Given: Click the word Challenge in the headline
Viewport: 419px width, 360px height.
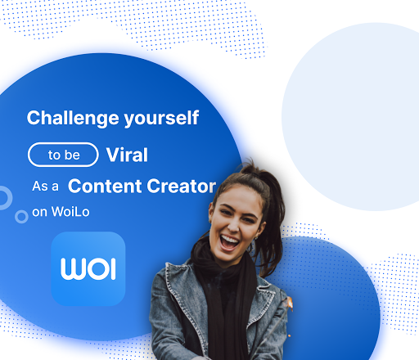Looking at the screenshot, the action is click(73, 119).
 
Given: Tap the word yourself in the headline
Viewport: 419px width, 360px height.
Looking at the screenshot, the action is click(161, 119).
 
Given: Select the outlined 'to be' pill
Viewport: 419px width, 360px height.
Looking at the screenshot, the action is click(63, 155).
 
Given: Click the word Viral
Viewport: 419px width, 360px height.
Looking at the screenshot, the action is click(127, 155).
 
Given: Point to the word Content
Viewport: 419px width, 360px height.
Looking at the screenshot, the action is click(105, 186).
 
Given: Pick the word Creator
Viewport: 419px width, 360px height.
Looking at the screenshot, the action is click(182, 186).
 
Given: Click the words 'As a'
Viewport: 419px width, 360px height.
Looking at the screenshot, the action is click(45, 187).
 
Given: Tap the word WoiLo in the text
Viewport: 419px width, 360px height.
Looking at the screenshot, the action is click(70, 212).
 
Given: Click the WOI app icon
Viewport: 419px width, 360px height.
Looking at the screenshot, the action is click(88, 268).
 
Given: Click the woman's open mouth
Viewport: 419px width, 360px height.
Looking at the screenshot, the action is click(229, 243).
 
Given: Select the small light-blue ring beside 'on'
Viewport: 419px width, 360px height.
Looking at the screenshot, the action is click(21, 217).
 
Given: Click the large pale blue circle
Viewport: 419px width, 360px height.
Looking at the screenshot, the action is click(352, 117).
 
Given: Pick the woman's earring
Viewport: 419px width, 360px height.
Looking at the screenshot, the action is click(256, 238).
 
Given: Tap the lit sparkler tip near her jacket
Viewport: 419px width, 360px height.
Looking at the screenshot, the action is click(289, 303).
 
